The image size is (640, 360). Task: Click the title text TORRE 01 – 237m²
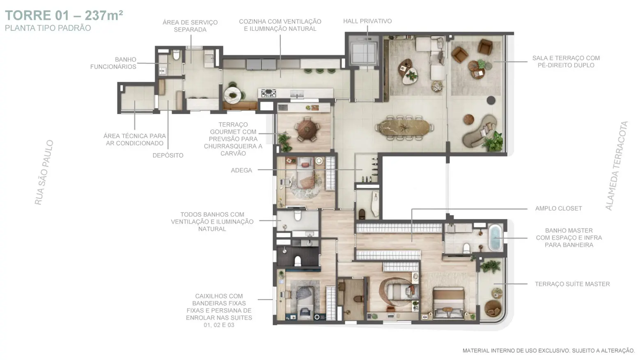64,16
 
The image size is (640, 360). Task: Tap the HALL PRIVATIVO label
367,21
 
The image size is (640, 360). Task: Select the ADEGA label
241,170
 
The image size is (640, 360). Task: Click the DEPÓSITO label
168,156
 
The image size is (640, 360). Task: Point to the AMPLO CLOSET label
559,209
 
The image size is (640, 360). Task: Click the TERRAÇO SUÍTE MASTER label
572,284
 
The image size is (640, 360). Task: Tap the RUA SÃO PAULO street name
44,172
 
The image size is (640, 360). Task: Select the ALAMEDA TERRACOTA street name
617,166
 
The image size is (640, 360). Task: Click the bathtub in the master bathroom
495,238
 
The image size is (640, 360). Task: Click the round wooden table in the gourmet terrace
307,130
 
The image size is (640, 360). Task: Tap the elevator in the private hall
363,53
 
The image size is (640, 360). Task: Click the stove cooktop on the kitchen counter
268,93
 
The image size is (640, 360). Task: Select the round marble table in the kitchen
233,95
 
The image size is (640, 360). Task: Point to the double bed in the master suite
449,303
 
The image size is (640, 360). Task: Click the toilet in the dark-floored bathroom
298,261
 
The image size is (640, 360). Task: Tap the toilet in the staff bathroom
176,55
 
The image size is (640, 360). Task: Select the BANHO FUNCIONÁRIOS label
113,63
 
